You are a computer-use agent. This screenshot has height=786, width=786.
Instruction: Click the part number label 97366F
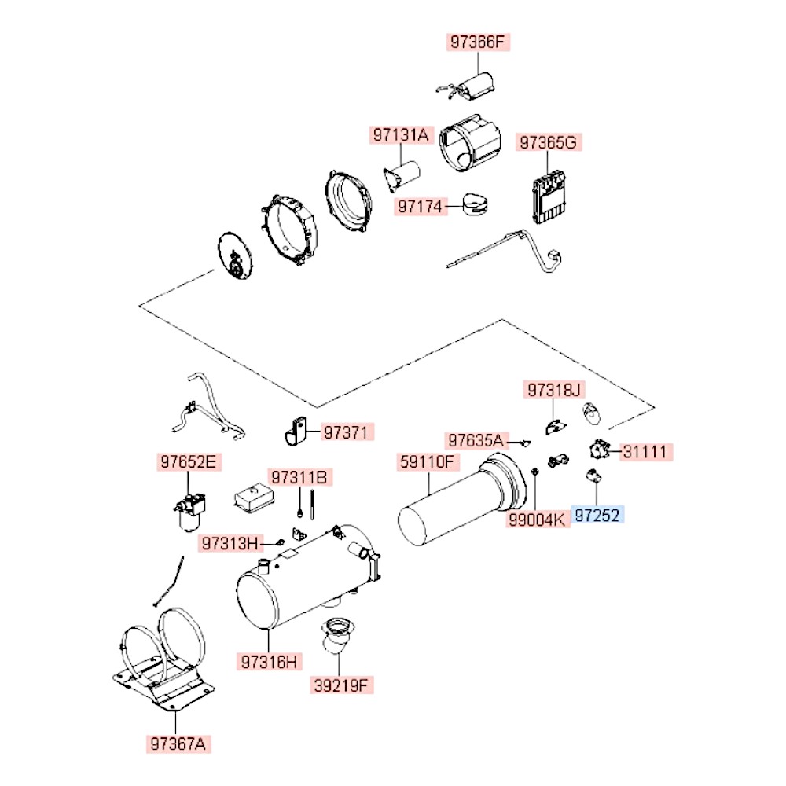click(x=479, y=42)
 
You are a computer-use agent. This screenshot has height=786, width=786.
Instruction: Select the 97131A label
click(x=401, y=135)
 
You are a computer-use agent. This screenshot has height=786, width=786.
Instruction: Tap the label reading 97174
click(x=419, y=207)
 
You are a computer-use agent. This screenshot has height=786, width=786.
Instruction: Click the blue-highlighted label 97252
click(x=598, y=516)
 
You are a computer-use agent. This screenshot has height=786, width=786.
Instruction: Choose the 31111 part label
click(x=647, y=452)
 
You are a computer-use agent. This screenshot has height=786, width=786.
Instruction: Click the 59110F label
click(x=427, y=462)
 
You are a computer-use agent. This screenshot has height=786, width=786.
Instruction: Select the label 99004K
click(x=536, y=519)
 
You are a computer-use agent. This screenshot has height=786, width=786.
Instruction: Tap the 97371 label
click(x=345, y=432)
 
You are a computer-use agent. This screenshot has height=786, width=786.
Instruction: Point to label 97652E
click(x=188, y=462)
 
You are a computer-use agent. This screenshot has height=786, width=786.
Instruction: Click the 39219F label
click(x=341, y=685)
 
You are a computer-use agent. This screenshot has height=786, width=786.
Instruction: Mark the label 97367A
click(x=179, y=742)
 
